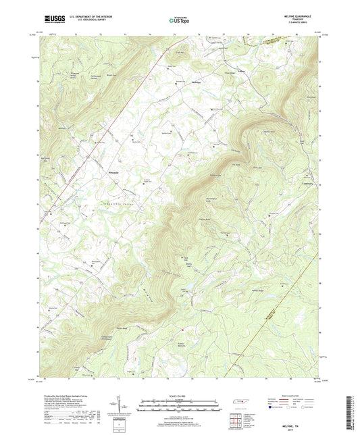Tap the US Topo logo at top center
click(x=176, y=20)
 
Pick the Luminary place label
click(x=306, y=180)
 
